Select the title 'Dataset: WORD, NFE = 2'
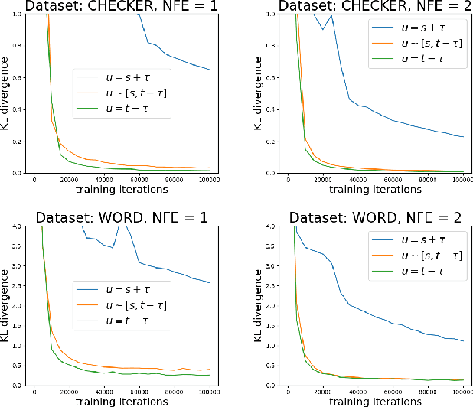click(x=369, y=216)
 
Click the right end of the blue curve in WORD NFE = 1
click(x=209, y=282)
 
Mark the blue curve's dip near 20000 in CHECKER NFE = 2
click(x=323, y=29)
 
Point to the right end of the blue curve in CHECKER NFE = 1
click(x=209, y=70)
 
